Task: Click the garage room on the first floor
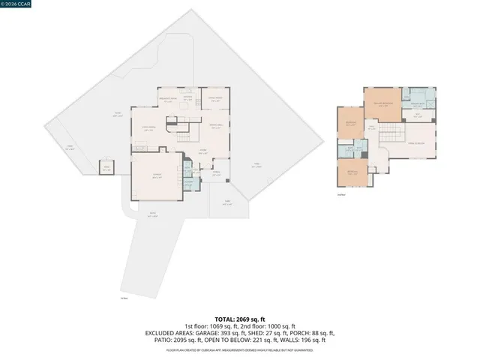click(156, 178)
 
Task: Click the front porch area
click(216, 173)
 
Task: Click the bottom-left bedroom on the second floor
click(352, 172)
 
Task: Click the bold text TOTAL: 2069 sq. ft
click(240, 318)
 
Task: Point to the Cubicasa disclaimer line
click(240, 349)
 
